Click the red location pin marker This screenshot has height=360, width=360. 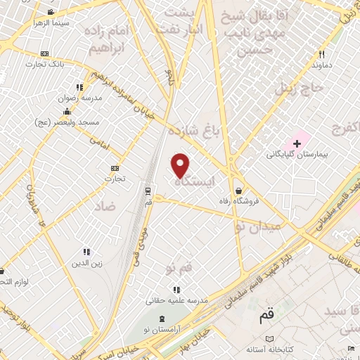(x=181, y=165)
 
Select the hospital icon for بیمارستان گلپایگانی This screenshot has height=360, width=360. (x=297, y=143)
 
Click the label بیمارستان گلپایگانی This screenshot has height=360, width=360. (x=297, y=154)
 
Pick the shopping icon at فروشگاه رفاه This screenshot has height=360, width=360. (x=239, y=190)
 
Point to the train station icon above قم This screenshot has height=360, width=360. (x=148, y=190)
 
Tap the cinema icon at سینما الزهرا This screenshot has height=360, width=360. (x=49, y=12)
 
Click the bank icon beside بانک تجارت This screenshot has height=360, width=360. (x=45, y=53)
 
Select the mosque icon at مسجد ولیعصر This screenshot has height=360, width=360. (x=66, y=111)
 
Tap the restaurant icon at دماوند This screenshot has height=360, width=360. (x=322, y=53)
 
